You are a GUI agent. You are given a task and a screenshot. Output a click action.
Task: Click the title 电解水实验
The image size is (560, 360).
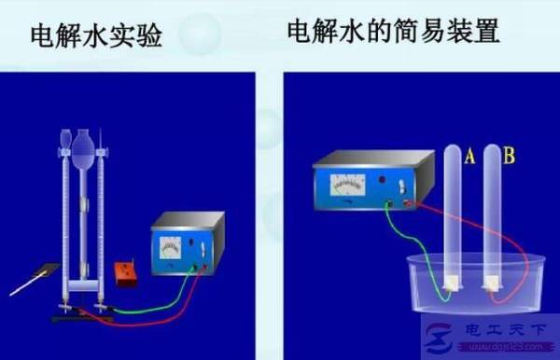click(96, 37)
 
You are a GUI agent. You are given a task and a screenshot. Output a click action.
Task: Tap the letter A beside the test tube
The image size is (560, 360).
click(469, 159)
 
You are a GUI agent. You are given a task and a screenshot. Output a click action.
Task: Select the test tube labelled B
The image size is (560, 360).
click(489, 215)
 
